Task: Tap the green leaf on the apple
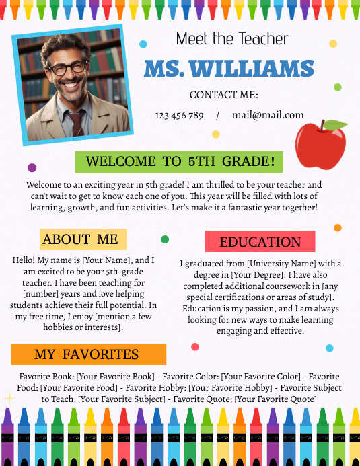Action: (334, 125)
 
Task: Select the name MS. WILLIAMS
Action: (229, 69)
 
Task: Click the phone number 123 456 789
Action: (179, 116)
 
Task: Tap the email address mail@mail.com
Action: (268, 115)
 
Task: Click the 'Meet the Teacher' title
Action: (232, 39)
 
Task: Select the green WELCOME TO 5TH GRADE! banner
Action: (179, 161)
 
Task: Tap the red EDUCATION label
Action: (260, 242)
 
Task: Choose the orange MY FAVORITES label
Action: (88, 354)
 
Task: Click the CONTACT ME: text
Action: (224, 95)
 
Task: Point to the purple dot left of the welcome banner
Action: (32, 167)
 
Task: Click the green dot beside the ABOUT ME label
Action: (165, 239)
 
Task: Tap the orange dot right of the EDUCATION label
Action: (338, 228)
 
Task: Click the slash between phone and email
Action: (218, 116)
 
